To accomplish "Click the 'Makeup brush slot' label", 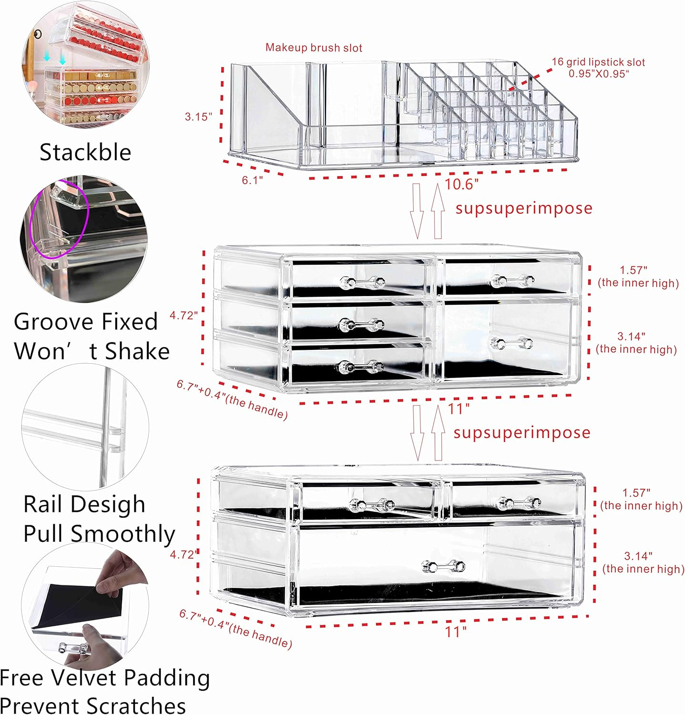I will pos(314,48).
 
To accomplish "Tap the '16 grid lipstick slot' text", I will pos(598,62).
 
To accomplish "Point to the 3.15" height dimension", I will pos(198,117).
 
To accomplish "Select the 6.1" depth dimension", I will pos(252,180).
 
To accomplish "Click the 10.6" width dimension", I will pos(461,184).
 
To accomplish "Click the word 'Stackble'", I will pos(85,153).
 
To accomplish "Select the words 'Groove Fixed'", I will pos(86,322).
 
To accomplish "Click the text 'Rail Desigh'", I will pos(84,504).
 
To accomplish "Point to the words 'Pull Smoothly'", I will pos(99,533).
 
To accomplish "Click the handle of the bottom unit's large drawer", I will pos(444,566).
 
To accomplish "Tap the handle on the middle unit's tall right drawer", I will pos(511,343).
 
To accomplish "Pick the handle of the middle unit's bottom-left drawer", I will pos(361,367).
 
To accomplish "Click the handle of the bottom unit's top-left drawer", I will pos(372,504).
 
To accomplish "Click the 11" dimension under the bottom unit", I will pos(456,632).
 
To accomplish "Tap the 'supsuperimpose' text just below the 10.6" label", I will pos(523,208).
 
